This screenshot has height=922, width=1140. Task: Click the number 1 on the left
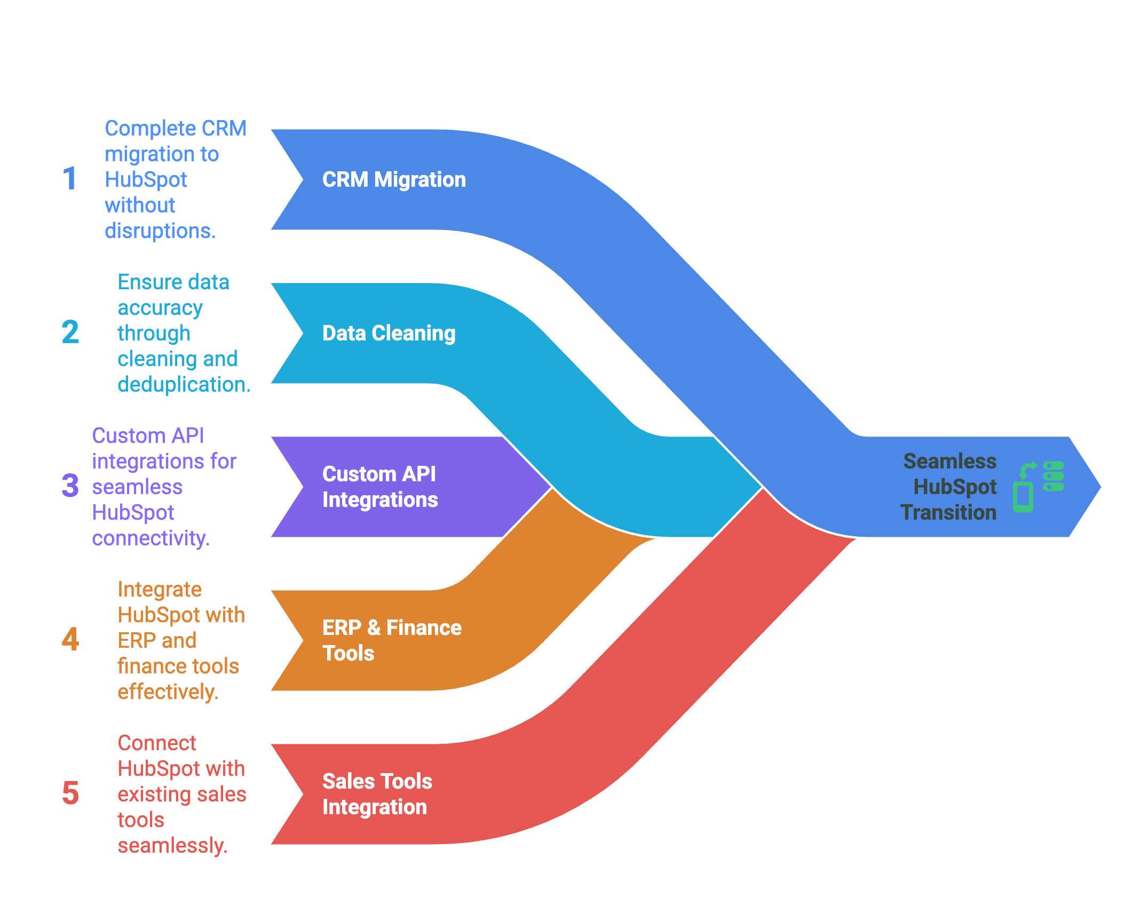tap(70, 179)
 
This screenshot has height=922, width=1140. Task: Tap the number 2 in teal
tap(70, 332)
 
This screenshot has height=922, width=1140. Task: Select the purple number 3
tap(70, 486)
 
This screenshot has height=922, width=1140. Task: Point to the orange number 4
tap(70, 639)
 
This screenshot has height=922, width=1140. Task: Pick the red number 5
tap(70, 793)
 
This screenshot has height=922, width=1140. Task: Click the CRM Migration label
tap(394, 180)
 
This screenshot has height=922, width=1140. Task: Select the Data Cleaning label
tap(389, 333)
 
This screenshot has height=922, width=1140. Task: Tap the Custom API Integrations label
tap(380, 487)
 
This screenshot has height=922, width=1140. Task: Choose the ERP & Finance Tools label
tap(391, 640)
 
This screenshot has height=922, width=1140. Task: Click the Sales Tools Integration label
tap(377, 794)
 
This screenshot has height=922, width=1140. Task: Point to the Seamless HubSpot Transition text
tap(949, 487)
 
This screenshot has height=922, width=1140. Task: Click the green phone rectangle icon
tap(1023, 497)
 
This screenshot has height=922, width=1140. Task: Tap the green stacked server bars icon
tap(1054, 476)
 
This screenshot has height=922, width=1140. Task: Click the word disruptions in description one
tap(160, 231)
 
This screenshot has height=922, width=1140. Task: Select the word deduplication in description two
tap(183, 385)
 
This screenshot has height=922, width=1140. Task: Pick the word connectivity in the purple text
tap(150, 538)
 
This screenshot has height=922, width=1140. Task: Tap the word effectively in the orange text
tap(167, 692)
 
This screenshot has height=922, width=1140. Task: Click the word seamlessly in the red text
tap(172, 846)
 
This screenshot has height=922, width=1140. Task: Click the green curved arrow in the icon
tap(1027, 470)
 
